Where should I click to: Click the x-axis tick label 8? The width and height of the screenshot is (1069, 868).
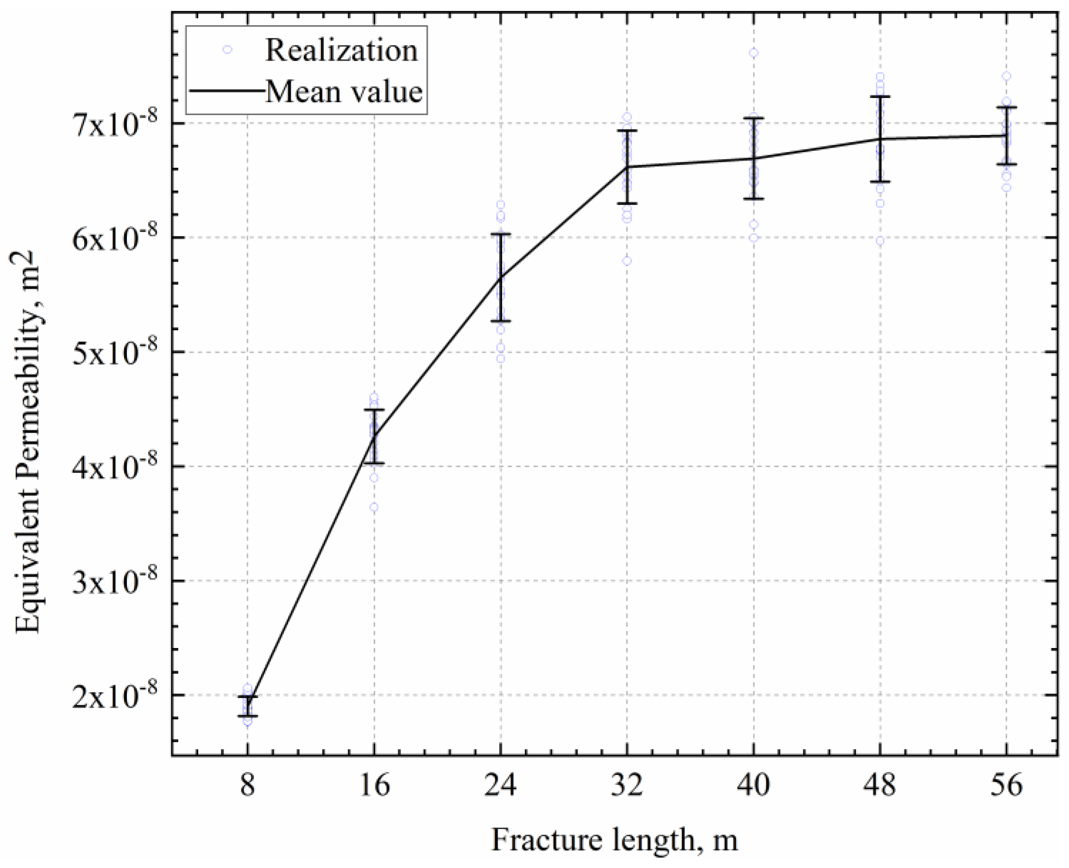pos(247,785)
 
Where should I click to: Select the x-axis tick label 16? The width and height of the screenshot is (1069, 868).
pos(374,785)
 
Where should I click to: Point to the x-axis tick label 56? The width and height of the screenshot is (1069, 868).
pos(1006,785)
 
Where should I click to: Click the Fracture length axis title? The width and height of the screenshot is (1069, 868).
pos(615,840)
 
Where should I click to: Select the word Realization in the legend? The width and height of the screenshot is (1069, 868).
pos(341,50)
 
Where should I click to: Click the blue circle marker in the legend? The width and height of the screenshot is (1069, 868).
pos(227,49)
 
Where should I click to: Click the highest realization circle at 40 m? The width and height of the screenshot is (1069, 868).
pos(753,53)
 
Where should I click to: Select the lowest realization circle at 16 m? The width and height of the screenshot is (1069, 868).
pos(374,507)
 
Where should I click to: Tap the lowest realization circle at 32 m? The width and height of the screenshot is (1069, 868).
pos(626,261)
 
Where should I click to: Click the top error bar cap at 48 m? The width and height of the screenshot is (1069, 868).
pos(880,96)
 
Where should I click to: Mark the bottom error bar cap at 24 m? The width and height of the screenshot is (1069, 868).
pos(501,321)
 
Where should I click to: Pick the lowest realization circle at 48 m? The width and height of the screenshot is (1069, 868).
pos(880,240)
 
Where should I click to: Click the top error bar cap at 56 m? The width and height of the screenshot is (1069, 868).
pos(1006,107)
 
